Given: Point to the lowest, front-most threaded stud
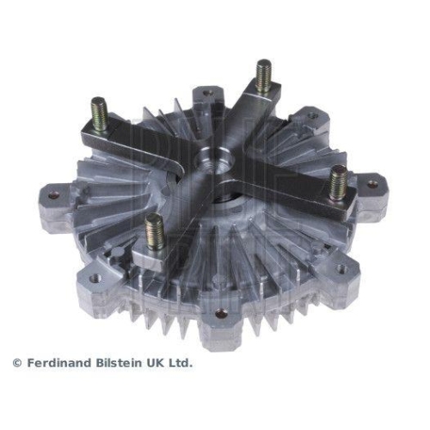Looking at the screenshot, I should click(x=155, y=231).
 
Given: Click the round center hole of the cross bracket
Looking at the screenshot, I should click(x=209, y=158).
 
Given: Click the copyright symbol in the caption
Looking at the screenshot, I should click(x=16, y=363).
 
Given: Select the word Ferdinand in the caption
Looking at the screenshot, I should click(x=57, y=363).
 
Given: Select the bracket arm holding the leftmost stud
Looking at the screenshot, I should click(x=138, y=138).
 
